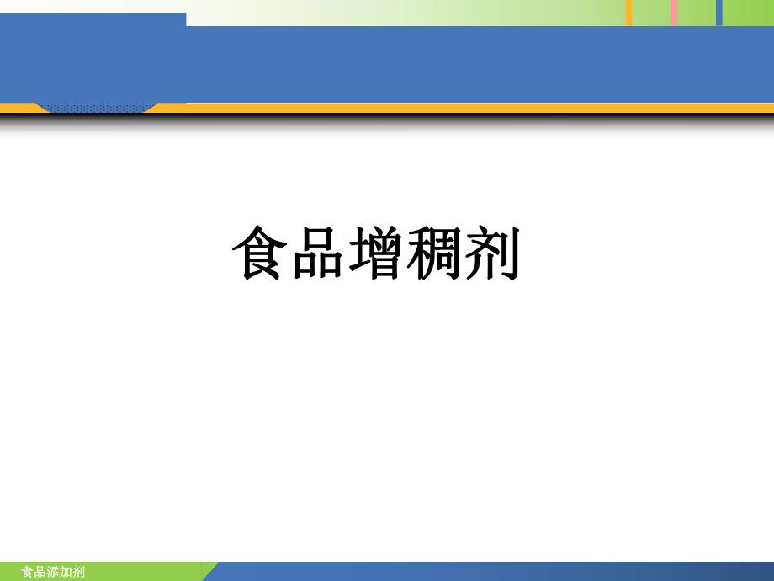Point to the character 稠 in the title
[434, 253]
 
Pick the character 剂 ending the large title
[492, 253]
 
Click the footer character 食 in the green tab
[26, 573]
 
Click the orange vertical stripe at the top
[628, 12]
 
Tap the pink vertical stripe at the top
[674, 12]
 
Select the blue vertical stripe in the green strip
[718, 12]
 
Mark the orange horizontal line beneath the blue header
[471, 107]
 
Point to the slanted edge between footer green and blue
[210, 572]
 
